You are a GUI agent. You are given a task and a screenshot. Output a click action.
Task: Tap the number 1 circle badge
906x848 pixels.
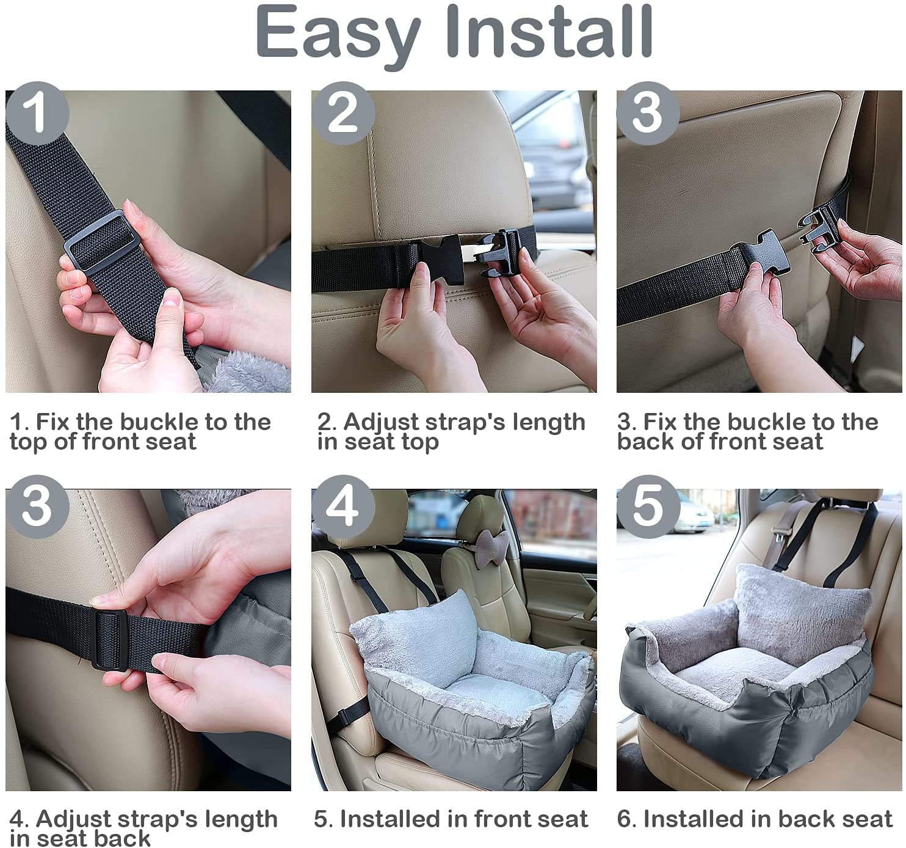tap(37, 113)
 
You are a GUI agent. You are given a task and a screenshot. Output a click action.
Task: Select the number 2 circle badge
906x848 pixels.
tap(343, 113)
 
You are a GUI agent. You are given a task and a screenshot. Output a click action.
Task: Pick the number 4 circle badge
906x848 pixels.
tap(343, 506)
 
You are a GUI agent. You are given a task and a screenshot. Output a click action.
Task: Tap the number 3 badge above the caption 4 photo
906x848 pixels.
tap(37, 506)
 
